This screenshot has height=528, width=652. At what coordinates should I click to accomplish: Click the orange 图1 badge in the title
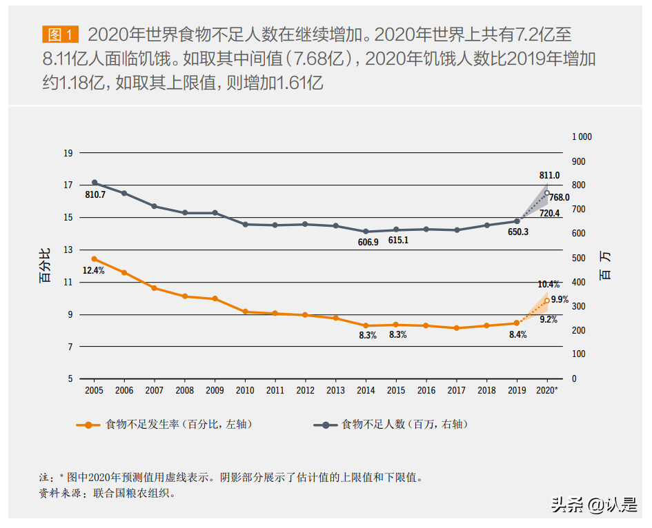(x=61, y=34)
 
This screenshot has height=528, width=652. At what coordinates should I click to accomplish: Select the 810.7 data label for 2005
(x=95, y=195)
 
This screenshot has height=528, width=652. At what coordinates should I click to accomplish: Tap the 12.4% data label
(x=93, y=271)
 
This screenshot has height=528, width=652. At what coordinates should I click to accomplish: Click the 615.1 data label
(x=397, y=241)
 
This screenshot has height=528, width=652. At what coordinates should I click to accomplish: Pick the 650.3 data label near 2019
(x=517, y=232)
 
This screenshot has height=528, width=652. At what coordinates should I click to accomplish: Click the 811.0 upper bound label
(x=549, y=176)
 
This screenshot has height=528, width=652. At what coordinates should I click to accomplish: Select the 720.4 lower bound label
(x=549, y=213)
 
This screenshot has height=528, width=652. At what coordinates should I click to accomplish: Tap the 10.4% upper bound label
(x=549, y=285)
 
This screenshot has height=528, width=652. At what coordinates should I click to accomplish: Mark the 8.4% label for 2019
(x=517, y=334)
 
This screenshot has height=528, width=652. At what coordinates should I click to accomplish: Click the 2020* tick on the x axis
(x=548, y=390)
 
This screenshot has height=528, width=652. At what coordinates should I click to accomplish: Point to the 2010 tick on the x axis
(x=245, y=390)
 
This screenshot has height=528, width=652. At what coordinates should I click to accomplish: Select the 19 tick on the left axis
(x=68, y=153)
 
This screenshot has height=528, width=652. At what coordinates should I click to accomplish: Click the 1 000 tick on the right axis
(x=582, y=137)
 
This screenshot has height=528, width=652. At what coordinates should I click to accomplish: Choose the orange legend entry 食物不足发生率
(x=165, y=425)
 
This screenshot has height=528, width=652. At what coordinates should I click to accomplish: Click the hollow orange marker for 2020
(x=547, y=301)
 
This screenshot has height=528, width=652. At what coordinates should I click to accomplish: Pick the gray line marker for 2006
(x=124, y=194)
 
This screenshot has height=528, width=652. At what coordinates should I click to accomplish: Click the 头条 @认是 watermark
(x=593, y=506)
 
